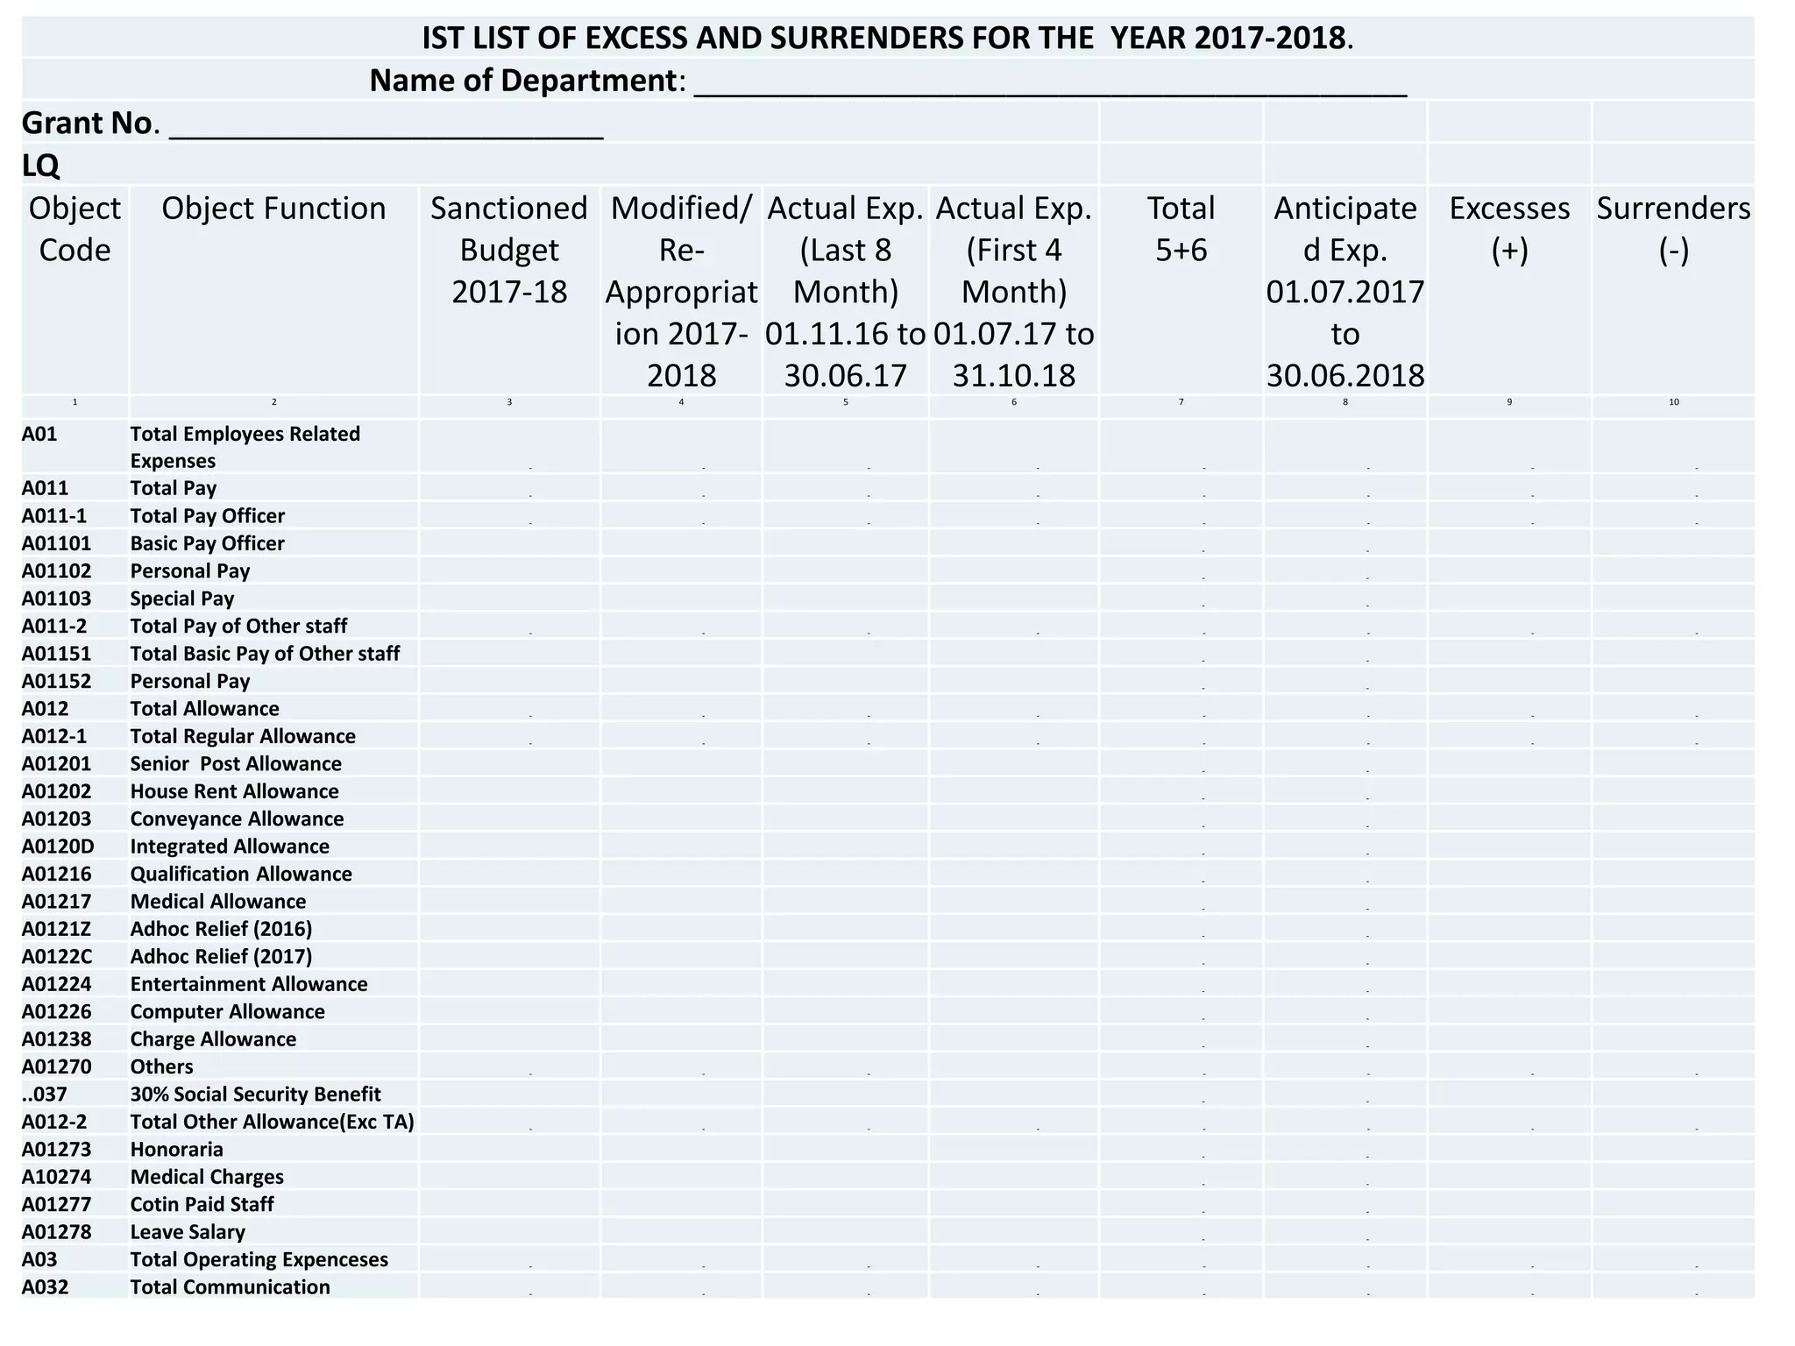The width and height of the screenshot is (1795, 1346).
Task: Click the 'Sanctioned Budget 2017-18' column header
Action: [x=509, y=250]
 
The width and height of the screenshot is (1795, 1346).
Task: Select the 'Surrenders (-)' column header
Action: [x=1673, y=229]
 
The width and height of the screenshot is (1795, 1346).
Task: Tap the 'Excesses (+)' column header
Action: [x=1509, y=229]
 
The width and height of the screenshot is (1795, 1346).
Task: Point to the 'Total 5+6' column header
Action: [x=1181, y=229]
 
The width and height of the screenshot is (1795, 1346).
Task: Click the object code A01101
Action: [x=57, y=543]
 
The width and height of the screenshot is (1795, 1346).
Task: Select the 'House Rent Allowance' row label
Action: [x=234, y=791]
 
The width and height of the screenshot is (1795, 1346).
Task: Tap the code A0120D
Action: [x=58, y=847]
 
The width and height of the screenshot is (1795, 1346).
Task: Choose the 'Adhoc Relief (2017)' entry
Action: [x=221, y=956]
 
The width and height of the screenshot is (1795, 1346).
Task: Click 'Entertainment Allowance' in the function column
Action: [x=249, y=984]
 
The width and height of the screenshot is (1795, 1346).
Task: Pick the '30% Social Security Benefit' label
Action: [x=255, y=1095]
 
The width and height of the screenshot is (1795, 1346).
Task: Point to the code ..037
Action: [x=45, y=1095]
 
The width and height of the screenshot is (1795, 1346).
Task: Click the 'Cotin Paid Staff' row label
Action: [x=202, y=1204]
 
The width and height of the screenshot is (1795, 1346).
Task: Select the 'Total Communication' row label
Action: [x=230, y=1287]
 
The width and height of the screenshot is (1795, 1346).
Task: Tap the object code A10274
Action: [x=57, y=1177]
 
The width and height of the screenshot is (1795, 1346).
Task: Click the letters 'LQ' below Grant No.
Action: [x=40, y=166]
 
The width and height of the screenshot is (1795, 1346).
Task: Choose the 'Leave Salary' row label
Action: [x=188, y=1232]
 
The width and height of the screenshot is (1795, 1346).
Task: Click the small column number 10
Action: [x=1673, y=402]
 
